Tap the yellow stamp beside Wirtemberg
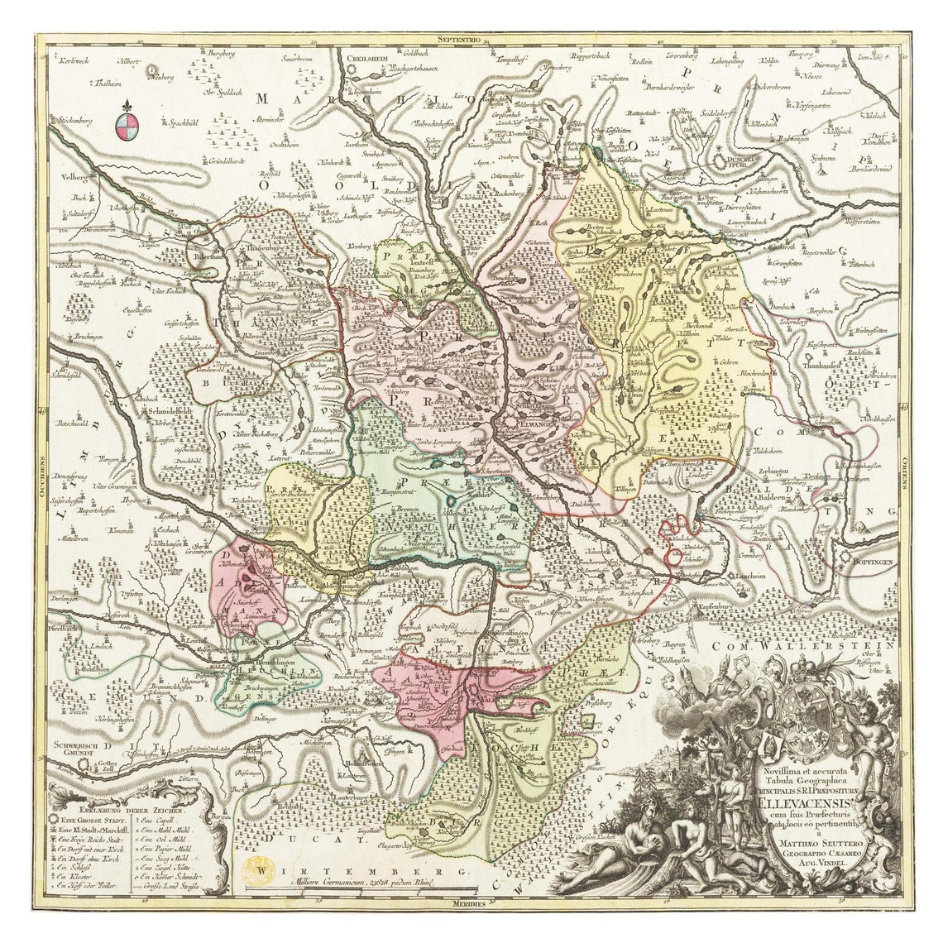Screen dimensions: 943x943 (253, 869)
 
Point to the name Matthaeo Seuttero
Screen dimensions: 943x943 (802, 844)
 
